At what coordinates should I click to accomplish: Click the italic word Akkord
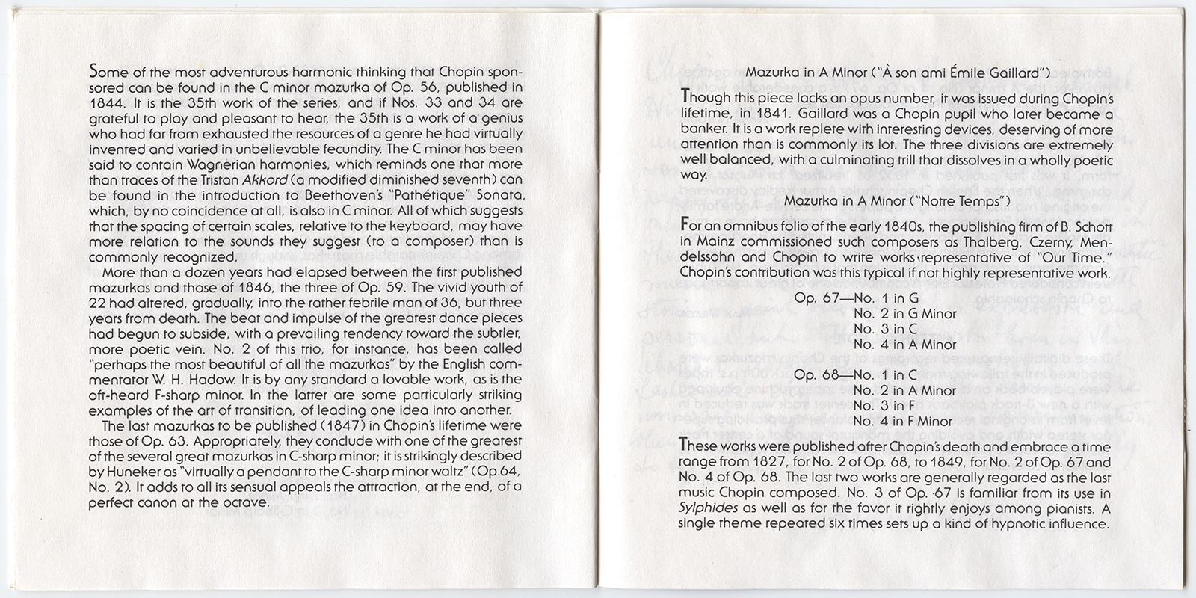(267, 179)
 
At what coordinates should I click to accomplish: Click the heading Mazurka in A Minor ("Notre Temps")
(897, 201)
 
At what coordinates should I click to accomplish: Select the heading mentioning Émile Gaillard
(898, 73)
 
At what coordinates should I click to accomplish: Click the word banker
(702, 130)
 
